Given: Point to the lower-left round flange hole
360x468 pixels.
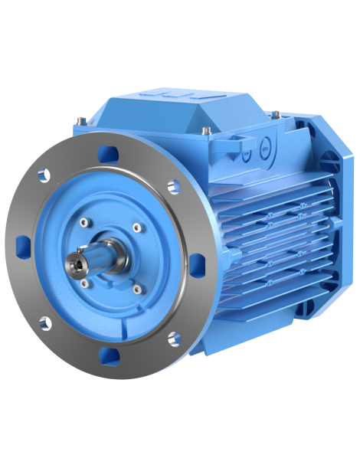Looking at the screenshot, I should tap(52, 319).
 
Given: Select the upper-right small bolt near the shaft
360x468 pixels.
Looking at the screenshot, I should tap(136, 227).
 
